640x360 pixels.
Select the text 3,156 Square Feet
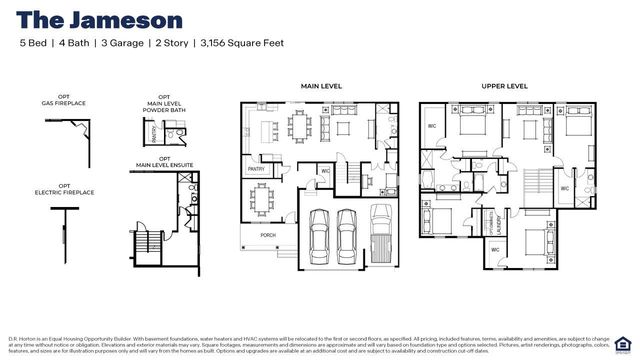(242, 44)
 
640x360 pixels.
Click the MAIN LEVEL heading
(321, 87)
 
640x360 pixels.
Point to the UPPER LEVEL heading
(504, 87)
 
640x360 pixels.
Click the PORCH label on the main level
(267, 235)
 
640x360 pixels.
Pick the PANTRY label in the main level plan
(256, 170)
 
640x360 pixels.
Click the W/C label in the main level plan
(326, 171)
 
